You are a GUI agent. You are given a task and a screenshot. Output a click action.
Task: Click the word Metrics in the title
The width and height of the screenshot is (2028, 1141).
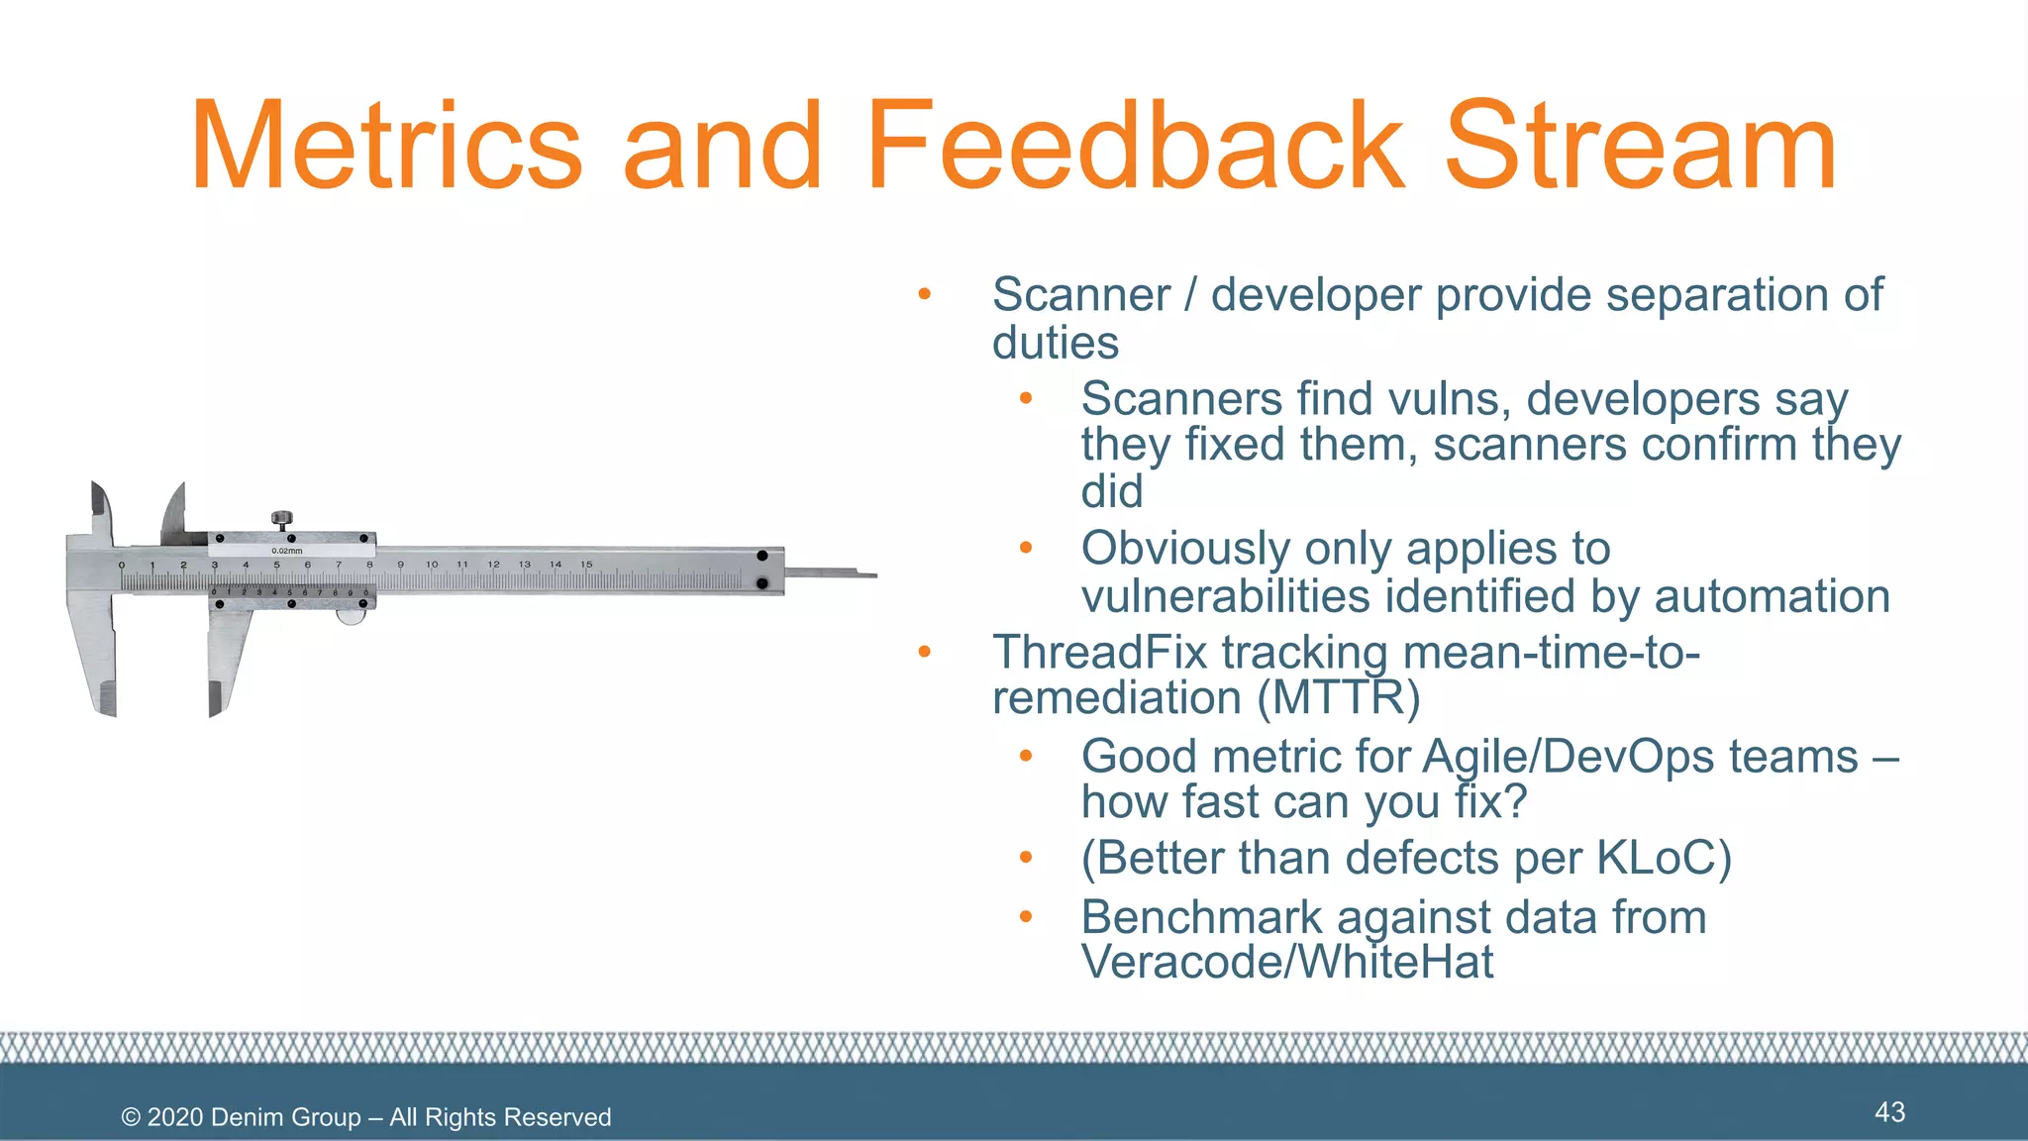pos(386,147)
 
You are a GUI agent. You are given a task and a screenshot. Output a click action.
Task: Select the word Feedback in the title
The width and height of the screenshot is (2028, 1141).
pos(1135,147)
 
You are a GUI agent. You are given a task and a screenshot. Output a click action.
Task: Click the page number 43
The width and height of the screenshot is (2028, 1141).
pos(1889,1112)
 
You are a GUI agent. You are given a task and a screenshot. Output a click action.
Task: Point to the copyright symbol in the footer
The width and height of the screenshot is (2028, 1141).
pos(131,1118)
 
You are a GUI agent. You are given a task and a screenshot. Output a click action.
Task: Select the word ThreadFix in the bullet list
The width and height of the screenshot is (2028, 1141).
pos(1099,653)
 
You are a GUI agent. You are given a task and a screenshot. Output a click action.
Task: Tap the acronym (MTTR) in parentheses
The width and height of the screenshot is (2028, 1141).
pos(1339,698)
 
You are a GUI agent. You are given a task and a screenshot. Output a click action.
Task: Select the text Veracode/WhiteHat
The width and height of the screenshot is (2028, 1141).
pos(1287,963)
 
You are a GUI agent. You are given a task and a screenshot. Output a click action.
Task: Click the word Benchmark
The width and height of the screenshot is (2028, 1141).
pos(1201,918)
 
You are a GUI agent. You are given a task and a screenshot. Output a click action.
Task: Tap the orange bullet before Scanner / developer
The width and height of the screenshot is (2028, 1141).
pos(924,294)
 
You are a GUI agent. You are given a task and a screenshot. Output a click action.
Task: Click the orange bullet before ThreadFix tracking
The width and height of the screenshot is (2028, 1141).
pos(924,652)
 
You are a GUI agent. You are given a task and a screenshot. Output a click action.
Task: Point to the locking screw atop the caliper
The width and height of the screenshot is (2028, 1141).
pos(282,518)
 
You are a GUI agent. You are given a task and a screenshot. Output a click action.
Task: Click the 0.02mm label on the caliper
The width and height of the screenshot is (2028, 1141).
pos(287,551)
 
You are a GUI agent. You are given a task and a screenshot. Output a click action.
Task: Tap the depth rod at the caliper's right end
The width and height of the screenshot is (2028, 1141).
pos(832,572)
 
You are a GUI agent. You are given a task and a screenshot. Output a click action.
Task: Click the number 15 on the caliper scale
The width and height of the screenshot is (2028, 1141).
pos(586,565)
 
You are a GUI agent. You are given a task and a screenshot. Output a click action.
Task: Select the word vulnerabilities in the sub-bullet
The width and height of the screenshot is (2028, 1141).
pos(1226,597)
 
